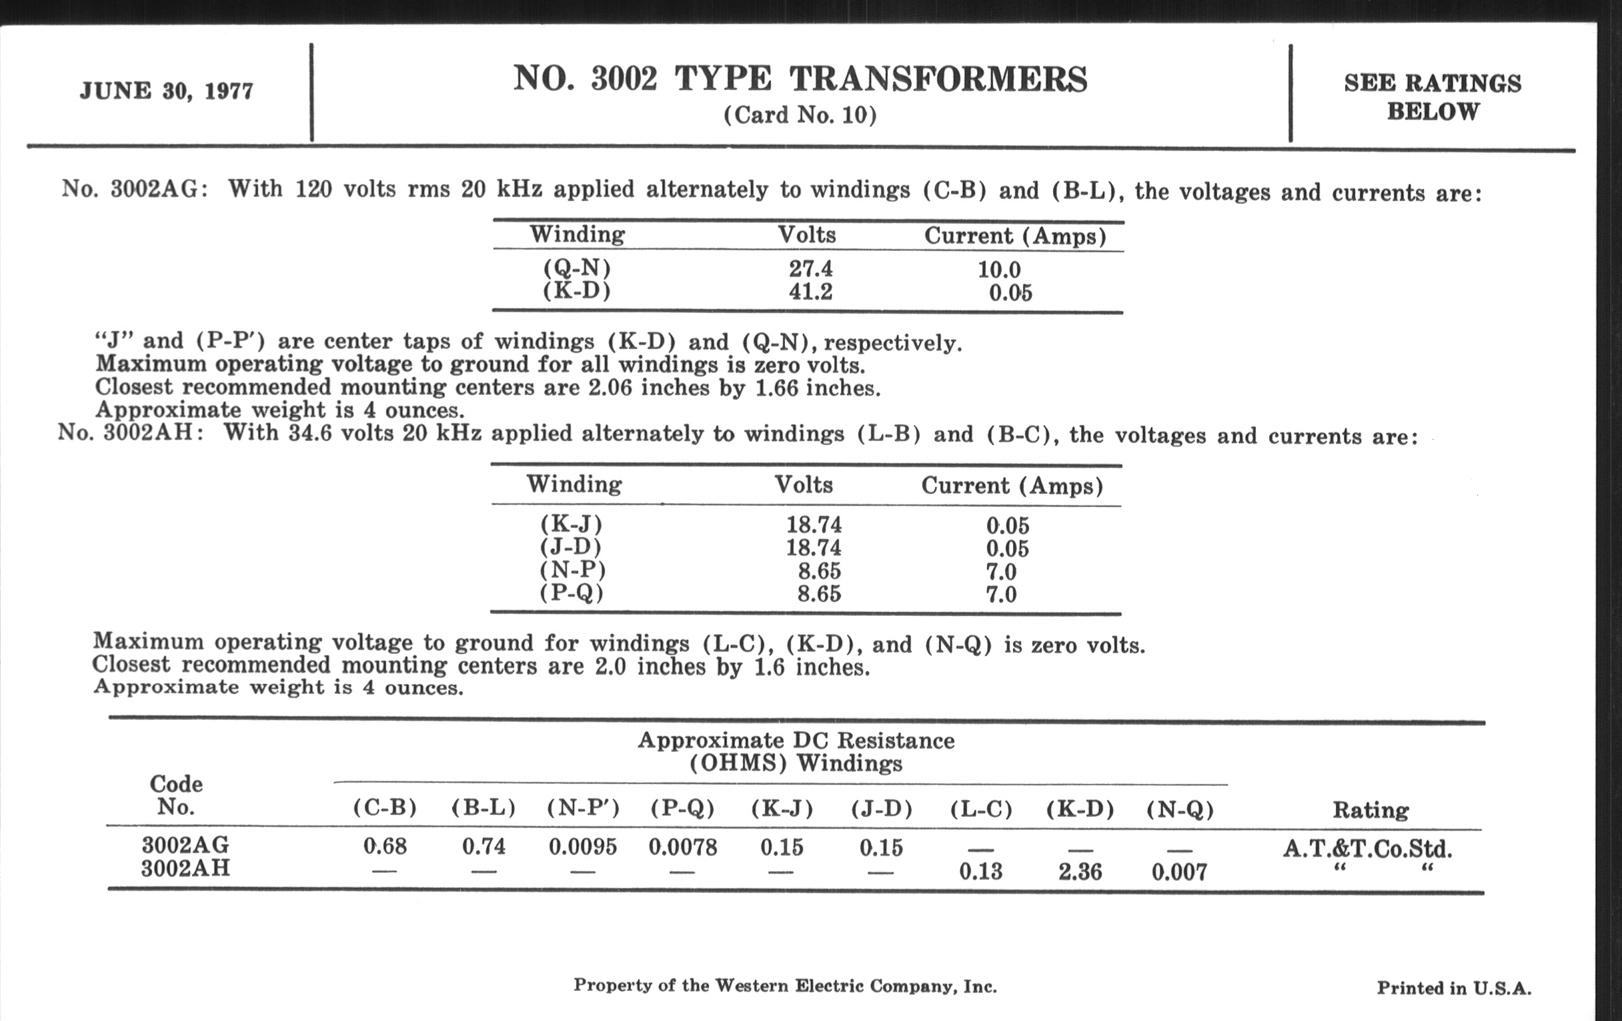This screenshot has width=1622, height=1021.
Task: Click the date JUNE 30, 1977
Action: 166,90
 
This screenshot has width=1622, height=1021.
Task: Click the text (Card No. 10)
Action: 800,115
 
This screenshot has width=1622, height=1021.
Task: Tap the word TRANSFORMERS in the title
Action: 938,79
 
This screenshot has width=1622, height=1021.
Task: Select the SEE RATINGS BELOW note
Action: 1432,97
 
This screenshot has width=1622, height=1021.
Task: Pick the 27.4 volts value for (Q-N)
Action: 810,269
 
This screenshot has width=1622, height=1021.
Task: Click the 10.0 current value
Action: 999,270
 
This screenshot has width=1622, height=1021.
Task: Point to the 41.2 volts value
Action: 810,292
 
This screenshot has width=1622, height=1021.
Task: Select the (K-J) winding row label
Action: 570,524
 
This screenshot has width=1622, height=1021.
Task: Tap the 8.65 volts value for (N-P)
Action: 819,571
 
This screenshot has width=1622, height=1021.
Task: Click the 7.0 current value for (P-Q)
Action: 1001,595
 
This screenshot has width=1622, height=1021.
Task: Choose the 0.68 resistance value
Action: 385,845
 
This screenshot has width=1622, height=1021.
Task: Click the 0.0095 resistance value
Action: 583,846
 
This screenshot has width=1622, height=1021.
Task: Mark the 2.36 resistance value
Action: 1080,872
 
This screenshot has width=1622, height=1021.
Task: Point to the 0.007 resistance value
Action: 1178,872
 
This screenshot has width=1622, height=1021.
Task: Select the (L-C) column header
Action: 981,809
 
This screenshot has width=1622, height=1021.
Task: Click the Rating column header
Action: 1370,809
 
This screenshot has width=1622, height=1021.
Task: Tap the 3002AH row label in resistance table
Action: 185,868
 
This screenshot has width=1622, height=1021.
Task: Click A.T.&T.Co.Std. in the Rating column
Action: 1367,847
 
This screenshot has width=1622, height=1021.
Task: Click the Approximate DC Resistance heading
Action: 796,741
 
